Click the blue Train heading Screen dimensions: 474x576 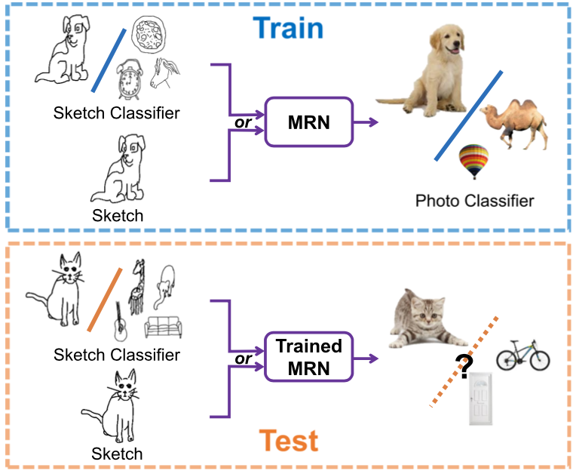tap(288, 28)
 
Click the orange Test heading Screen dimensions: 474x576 tap(288, 441)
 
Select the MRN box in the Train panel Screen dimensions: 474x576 tap(309, 121)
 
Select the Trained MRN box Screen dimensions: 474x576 tap(309, 357)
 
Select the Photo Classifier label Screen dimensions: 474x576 tap(474, 201)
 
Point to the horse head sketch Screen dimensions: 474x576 tap(166, 72)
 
